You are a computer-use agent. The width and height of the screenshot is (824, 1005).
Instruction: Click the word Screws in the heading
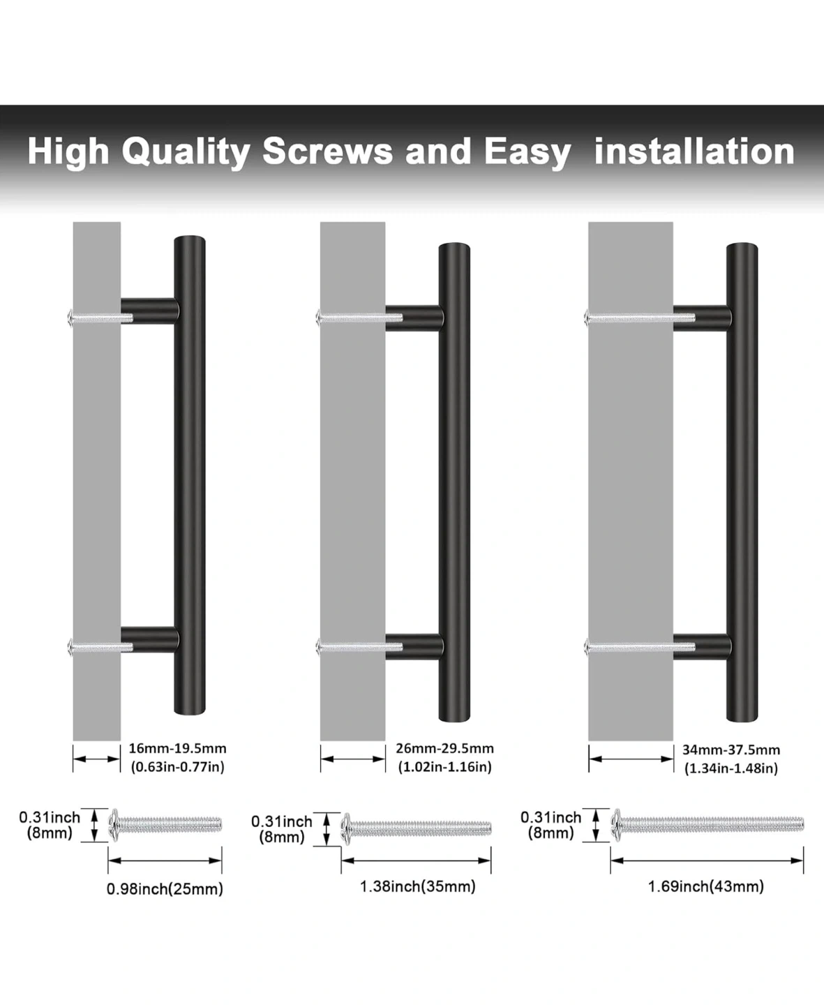coord(328,151)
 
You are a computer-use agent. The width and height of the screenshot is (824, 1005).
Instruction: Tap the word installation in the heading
coord(694,151)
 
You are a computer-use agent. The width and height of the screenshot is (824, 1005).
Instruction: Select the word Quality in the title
coord(186,152)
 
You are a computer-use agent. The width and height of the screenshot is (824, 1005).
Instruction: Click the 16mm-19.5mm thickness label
coord(178,748)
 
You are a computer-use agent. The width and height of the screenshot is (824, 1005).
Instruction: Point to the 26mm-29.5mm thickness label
coord(445,748)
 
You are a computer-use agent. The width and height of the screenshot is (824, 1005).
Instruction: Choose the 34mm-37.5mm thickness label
coord(731,750)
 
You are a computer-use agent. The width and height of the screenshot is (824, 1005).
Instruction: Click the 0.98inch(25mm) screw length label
coord(165,888)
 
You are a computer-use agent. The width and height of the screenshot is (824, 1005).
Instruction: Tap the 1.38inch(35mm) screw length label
coord(418,886)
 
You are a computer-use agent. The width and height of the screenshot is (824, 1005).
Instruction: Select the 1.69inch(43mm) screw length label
coord(706,886)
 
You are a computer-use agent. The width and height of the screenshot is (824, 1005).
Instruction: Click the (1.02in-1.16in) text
coord(445,767)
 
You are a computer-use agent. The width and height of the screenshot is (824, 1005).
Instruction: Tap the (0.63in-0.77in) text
coord(178,767)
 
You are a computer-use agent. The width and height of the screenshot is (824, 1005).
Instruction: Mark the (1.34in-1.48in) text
coord(731,768)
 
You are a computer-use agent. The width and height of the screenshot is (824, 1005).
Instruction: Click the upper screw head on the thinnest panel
coord(70,318)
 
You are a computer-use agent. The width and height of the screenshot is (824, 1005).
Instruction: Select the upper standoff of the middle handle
coord(414,318)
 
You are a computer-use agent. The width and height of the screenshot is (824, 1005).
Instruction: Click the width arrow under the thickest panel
coord(631,759)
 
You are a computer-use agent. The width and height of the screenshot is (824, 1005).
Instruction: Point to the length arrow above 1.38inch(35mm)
coord(416,861)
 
